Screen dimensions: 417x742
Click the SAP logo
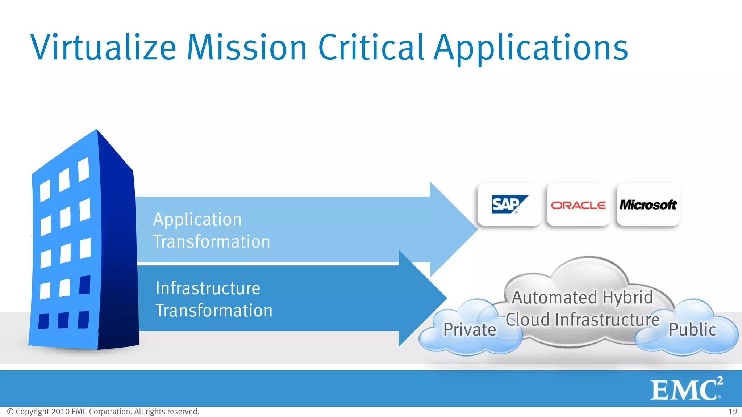click(x=509, y=205)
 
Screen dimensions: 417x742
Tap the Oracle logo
click(x=578, y=205)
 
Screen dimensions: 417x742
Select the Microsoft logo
click(x=648, y=205)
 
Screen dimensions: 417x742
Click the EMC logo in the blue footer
click(x=686, y=389)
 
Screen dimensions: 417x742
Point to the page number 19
click(x=733, y=412)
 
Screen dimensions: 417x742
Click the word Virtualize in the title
click(x=103, y=48)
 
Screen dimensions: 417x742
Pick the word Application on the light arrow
click(x=197, y=219)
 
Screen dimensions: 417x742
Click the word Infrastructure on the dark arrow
click(x=208, y=288)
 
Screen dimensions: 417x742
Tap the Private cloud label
click(x=470, y=330)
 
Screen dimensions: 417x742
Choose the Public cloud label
click(x=692, y=329)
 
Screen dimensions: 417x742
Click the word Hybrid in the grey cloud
click(x=628, y=298)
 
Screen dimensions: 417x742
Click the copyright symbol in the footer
click(x=11, y=412)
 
